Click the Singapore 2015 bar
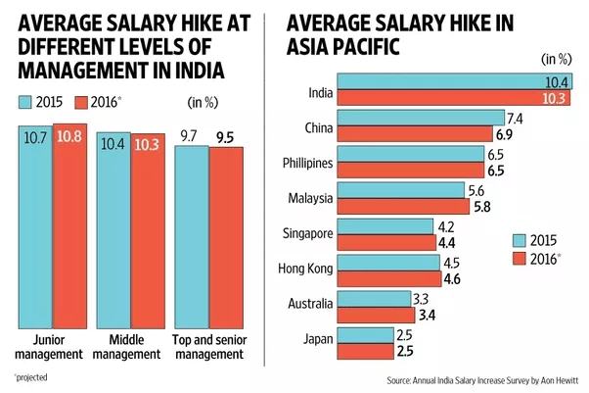[385, 225]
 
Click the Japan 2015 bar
[367, 336]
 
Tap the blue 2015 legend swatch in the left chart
[25, 102]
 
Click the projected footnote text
[32, 377]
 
